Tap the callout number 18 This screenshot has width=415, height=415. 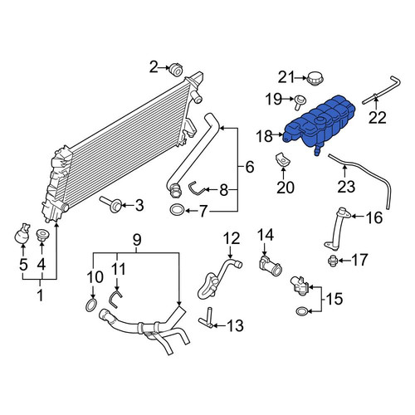tap(265, 136)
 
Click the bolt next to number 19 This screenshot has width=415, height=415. tap(300, 100)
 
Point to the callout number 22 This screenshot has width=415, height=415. tap(378, 118)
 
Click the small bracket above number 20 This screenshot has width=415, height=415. tap(283, 160)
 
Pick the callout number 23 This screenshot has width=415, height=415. tap(346, 187)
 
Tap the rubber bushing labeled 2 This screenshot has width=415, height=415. tap(176, 70)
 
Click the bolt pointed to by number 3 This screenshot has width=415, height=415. tap(112, 205)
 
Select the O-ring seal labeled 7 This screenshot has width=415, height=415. tap(177, 210)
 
